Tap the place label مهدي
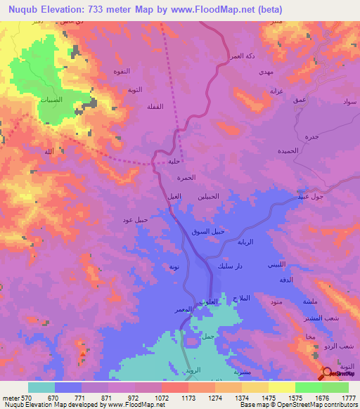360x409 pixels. click(x=266, y=72)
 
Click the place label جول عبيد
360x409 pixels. click(x=307, y=196)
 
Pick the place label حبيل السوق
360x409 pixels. click(x=208, y=232)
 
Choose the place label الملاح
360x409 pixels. click(x=240, y=299)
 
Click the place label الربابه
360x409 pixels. click(x=262, y=242)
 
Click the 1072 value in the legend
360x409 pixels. click(x=161, y=397)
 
